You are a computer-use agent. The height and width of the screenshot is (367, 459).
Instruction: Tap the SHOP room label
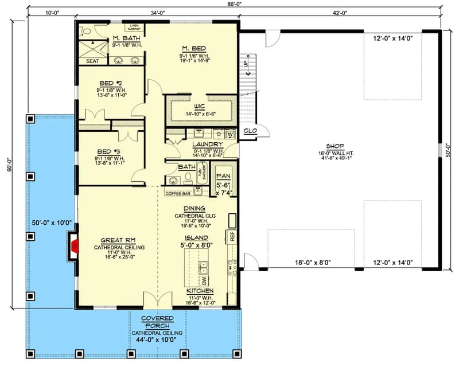point(335,146)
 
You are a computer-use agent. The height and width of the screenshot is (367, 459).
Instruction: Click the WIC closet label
point(199,106)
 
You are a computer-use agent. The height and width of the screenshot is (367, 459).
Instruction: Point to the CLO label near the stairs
point(250,131)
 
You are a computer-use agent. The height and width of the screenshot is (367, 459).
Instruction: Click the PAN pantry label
point(223,177)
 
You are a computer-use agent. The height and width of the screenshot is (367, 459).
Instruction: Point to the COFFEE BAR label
point(178,193)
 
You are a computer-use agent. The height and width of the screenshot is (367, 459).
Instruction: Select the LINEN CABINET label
point(134,28)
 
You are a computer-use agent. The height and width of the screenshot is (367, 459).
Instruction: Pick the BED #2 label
point(107,82)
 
